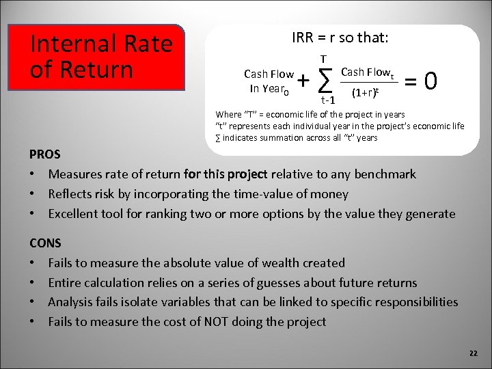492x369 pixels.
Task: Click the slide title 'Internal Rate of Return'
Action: tap(101, 57)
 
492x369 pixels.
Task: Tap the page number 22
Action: tap(474, 353)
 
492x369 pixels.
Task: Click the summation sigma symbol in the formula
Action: tap(326, 81)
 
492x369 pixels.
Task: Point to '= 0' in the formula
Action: tap(421, 81)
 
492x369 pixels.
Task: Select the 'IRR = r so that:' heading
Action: tap(340, 38)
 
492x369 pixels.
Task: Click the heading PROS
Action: tap(45, 154)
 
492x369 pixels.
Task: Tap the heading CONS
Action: tap(46, 243)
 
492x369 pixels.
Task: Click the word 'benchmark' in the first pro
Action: tap(384, 174)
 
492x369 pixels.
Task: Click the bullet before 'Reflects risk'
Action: tap(33, 194)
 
